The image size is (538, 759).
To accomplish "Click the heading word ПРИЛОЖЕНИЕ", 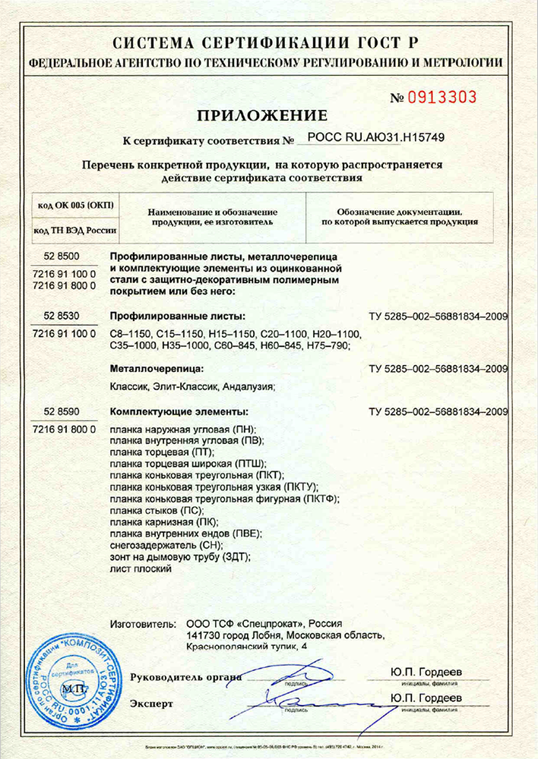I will tap(262, 116).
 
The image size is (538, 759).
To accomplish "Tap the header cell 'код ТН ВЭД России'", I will tap(73, 230).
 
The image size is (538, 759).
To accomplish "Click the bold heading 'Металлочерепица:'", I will tap(155, 370).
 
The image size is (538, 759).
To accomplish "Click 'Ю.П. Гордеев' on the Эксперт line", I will tap(426, 698).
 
